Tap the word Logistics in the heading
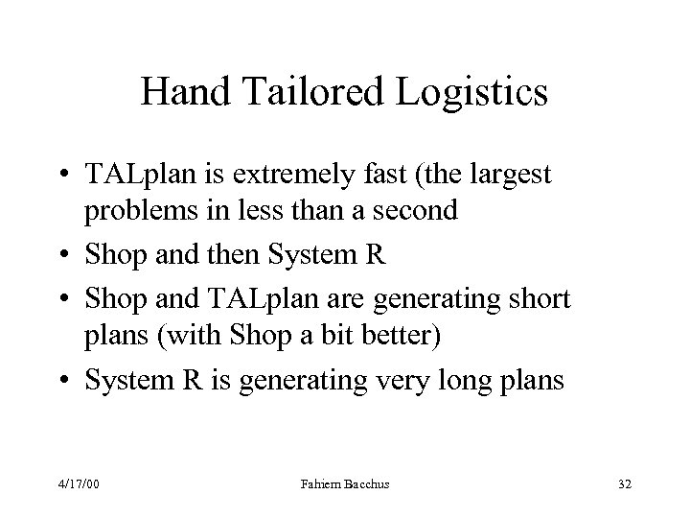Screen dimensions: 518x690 471,93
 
